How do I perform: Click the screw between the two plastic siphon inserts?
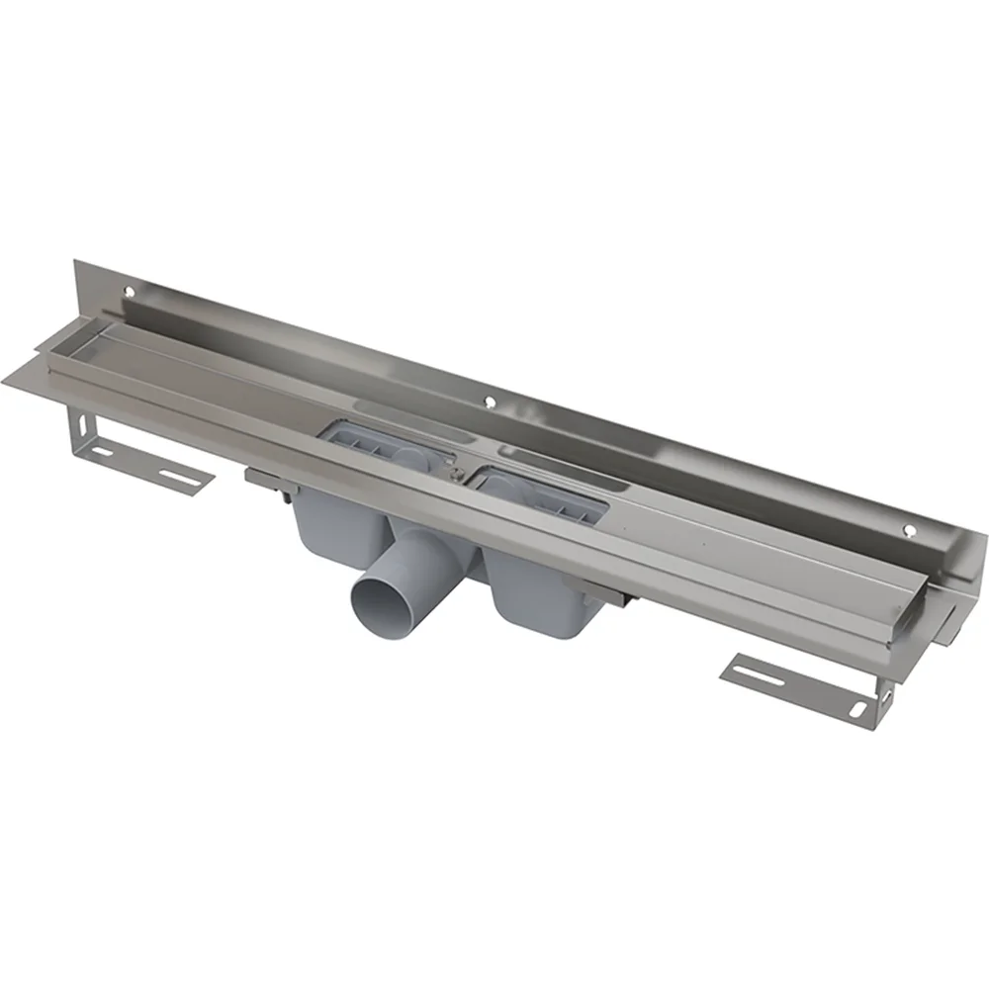(x=454, y=476)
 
